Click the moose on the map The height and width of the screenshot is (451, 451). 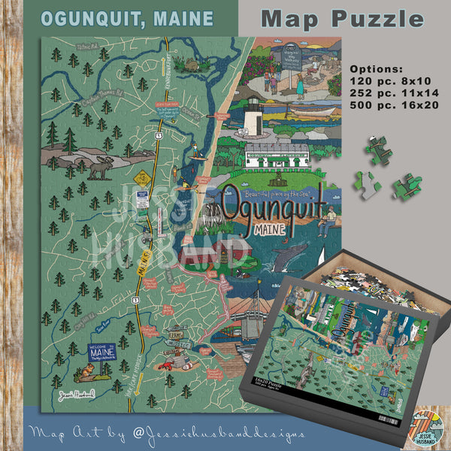pos(98,169)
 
